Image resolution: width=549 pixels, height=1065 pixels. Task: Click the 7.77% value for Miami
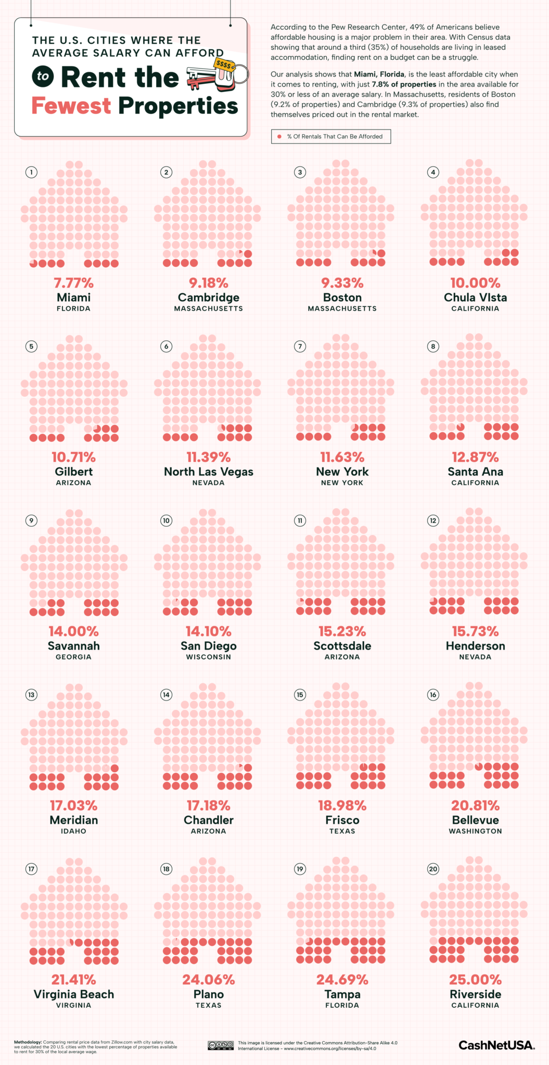[73, 283]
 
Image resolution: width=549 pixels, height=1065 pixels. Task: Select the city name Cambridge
[209, 297]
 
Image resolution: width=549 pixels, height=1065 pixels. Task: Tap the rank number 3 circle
[300, 172]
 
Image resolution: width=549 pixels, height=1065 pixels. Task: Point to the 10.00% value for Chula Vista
[475, 283]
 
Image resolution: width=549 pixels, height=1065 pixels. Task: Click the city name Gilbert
[73, 472]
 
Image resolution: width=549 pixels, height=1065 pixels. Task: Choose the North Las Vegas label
[209, 472]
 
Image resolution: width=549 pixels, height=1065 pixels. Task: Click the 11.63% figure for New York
[342, 457]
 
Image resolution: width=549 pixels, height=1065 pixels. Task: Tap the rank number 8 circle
[433, 346]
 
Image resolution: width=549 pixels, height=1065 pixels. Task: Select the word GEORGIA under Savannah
[73, 657]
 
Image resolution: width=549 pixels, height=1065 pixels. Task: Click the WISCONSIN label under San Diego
[209, 657]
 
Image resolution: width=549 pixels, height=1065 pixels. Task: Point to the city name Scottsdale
[342, 646]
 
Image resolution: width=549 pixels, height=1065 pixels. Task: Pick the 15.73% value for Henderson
[475, 631]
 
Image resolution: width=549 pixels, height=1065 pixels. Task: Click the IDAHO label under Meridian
[73, 831]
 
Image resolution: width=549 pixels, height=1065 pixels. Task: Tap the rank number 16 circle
[433, 695]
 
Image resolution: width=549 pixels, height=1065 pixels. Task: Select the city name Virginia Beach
[73, 994]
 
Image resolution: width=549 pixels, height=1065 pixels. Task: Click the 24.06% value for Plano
[209, 980]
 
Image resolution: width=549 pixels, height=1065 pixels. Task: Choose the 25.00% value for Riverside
[475, 980]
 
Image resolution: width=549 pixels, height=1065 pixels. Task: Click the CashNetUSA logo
[496, 1045]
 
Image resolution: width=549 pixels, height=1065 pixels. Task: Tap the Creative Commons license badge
[221, 1045]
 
